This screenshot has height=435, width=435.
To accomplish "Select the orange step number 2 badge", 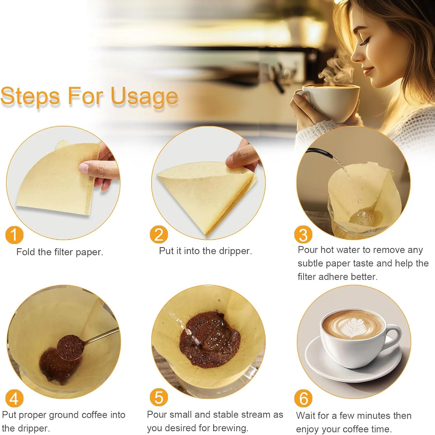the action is click(159, 235).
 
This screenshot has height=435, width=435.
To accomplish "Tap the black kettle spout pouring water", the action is click(319, 153).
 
